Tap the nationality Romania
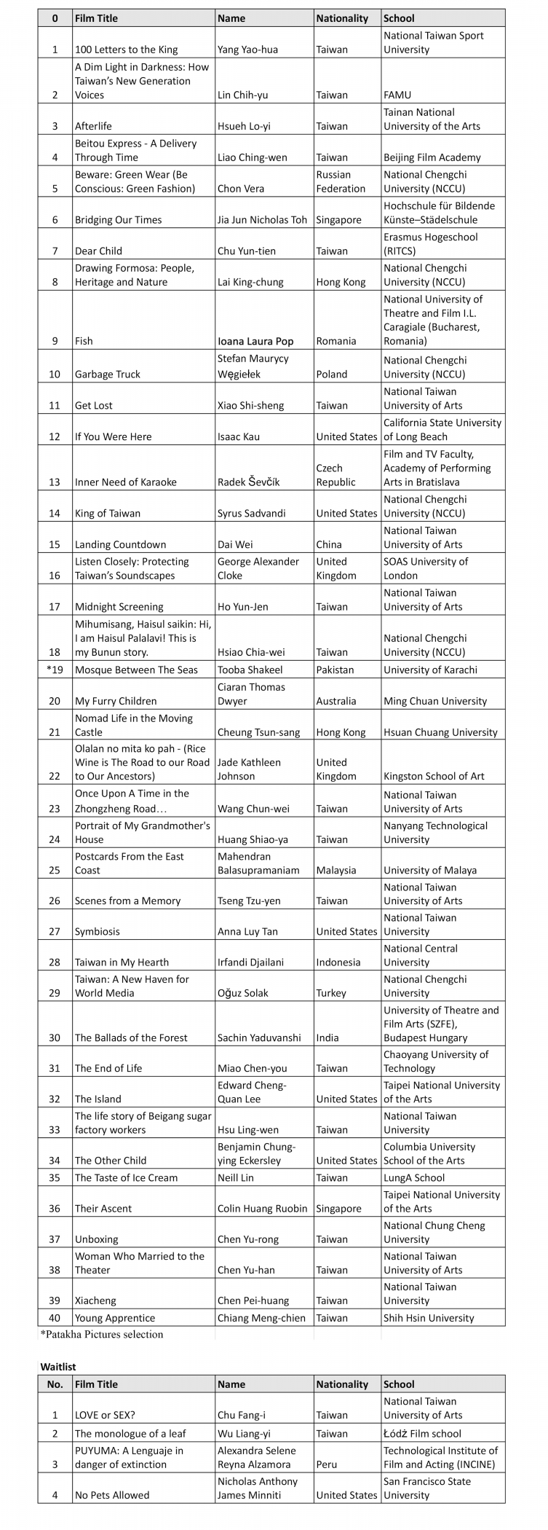pos(336,341)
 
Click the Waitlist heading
pos(58,1367)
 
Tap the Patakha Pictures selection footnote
pos(101,1335)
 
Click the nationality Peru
pos(328,1464)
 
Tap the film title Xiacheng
pos(95,1300)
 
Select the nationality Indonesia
pos(338,962)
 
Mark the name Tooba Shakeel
pos(250,670)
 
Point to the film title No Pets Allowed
pos(112,1495)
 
